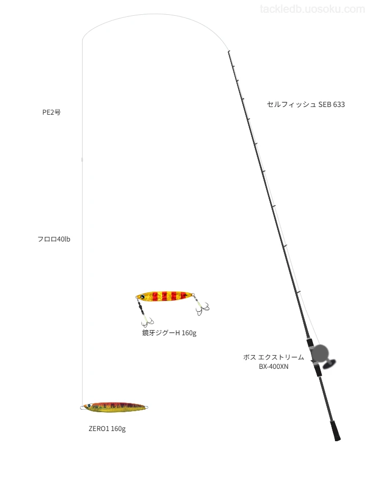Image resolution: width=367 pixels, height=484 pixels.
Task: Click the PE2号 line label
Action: tap(51, 112)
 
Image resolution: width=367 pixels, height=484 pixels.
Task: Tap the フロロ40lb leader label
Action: tap(54, 239)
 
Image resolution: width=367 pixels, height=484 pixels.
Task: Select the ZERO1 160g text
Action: tap(107, 428)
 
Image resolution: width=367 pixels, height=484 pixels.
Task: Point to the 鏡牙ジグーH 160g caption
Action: tap(169, 333)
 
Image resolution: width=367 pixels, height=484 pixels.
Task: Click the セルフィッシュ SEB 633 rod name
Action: tap(305, 104)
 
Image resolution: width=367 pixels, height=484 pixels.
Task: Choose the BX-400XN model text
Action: tap(273, 366)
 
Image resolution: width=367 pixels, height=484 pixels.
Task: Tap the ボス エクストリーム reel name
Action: tap(273, 357)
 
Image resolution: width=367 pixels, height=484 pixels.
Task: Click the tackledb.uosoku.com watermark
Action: tap(312, 9)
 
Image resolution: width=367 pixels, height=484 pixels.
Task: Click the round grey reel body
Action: tap(320, 354)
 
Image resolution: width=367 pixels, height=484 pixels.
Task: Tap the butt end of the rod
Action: tap(337, 438)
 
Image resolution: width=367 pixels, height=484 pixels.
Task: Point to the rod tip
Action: tap(228, 51)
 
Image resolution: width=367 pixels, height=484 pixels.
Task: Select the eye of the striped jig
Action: tap(142, 297)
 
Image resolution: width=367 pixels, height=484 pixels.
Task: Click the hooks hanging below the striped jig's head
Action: tap(147, 321)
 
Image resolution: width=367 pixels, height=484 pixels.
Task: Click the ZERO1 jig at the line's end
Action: tap(114, 407)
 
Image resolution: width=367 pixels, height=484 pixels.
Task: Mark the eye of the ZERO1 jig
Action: tap(89, 406)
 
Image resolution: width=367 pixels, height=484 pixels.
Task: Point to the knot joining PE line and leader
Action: tap(82, 159)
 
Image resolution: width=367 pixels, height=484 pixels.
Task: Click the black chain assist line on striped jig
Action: tap(141, 307)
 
